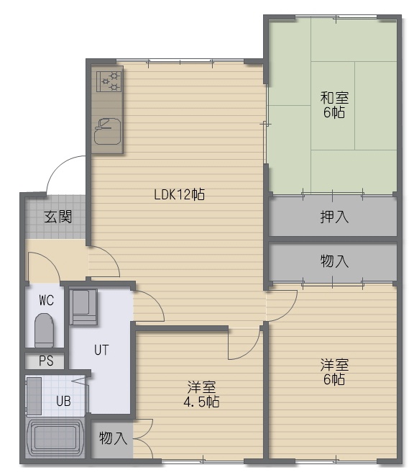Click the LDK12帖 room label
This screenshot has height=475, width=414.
pyautogui.click(x=179, y=194)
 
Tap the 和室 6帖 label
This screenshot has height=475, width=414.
pyautogui.click(x=334, y=105)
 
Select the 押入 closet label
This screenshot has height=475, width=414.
pyautogui.click(x=334, y=217)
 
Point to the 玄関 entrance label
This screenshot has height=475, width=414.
pyautogui.click(x=58, y=217)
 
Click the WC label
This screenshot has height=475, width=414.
pyautogui.click(x=46, y=300)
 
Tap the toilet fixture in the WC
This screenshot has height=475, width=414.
pyautogui.click(x=44, y=330)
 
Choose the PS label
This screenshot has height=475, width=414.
pyautogui.click(x=46, y=361)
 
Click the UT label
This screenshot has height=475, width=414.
pyautogui.click(x=101, y=350)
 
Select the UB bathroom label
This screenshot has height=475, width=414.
pyautogui.click(x=63, y=401)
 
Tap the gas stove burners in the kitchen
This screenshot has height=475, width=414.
pyautogui.click(x=109, y=81)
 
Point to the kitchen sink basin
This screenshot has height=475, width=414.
pyautogui.click(x=107, y=131)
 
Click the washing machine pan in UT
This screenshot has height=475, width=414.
pyautogui.click(x=83, y=307)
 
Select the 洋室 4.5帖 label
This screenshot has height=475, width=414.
pyautogui.click(x=201, y=394)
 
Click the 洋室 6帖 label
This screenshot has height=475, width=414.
pyautogui.click(x=334, y=372)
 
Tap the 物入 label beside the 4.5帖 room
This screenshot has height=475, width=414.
pyautogui.click(x=113, y=438)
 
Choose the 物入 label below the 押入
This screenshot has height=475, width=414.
pyautogui.click(x=334, y=261)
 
